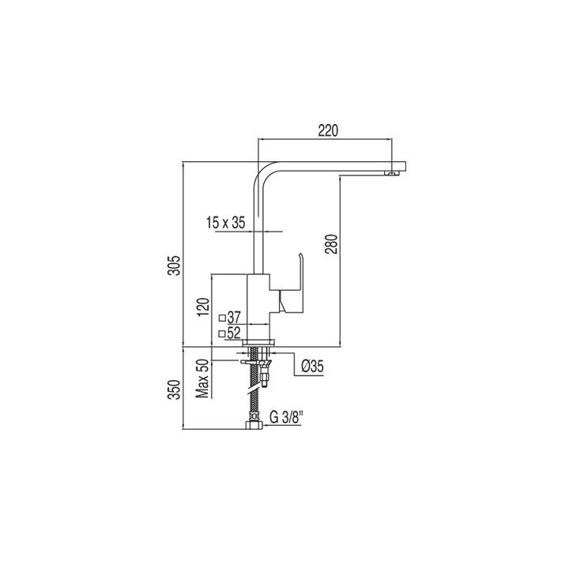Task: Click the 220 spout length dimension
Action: pos(328,130)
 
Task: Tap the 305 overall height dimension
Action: pos(175,266)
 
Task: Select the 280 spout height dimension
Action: pos(333,244)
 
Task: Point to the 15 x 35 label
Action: pos(226,222)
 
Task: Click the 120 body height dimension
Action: pos(204,307)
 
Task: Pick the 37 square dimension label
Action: pos(234,318)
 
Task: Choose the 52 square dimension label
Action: pos(234,333)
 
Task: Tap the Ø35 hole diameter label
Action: pos(312,366)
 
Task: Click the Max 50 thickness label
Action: pos(203,379)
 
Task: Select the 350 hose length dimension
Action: pos(175,390)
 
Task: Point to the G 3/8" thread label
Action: pos(286,417)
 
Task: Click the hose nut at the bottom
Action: pos(253,425)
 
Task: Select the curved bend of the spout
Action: pos(262,175)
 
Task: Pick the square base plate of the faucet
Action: pos(258,342)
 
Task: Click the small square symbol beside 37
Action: pos(222,318)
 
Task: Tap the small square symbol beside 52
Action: pos(222,333)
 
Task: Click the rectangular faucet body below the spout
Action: pos(258,307)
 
